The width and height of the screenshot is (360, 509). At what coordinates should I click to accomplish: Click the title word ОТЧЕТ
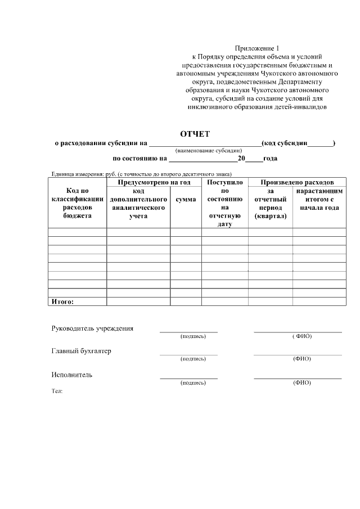[x=195, y=134]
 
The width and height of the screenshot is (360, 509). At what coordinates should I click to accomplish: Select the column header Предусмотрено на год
[x=154, y=182]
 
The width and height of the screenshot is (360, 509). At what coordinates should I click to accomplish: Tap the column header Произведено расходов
[x=297, y=182]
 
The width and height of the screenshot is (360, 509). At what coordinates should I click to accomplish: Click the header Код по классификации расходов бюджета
[x=77, y=203]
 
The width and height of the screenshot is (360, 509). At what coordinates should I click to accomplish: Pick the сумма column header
[x=186, y=199]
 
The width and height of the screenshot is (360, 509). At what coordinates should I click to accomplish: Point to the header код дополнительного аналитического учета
[x=138, y=203]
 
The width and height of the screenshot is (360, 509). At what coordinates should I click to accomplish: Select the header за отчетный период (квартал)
[x=270, y=203]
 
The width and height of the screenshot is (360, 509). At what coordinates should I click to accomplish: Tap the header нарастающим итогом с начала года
[x=319, y=199]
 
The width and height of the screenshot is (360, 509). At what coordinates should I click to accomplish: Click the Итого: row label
[x=63, y=301]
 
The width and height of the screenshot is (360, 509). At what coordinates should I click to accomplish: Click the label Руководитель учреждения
[x=92, y=328]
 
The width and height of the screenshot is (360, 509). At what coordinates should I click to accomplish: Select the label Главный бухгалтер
[x=81, y=351]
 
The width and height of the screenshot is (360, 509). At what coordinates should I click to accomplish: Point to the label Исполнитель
[x=72, y=375]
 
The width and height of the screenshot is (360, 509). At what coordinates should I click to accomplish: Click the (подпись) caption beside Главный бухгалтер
[x=193, y=359]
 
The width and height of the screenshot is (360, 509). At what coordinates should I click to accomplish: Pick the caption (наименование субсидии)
[x=209, y=151]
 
